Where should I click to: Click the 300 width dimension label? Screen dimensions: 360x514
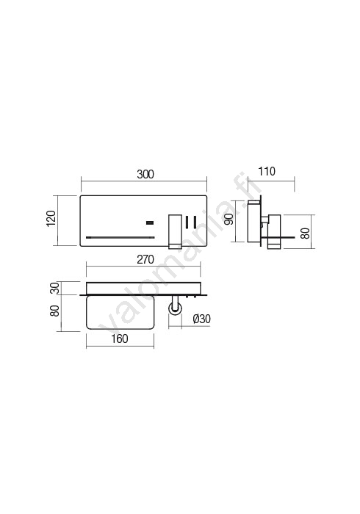(x=145, y=175)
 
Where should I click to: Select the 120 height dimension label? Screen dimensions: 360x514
(x=51, y=218)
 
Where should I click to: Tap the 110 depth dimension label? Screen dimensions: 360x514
(x=267, y=171)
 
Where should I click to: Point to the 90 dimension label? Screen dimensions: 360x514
(x=229, y=219)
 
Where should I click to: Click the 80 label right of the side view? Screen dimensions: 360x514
(x=305, y=233)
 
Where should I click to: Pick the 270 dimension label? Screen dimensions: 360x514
(x=145, y=260)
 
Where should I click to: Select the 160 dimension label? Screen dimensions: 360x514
(x=119, y=339)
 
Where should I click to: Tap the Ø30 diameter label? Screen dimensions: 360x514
(x=201, y=319)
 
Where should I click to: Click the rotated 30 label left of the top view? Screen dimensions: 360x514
(x=55, y=288)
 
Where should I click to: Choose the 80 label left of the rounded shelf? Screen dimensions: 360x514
(x=55, y=311)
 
